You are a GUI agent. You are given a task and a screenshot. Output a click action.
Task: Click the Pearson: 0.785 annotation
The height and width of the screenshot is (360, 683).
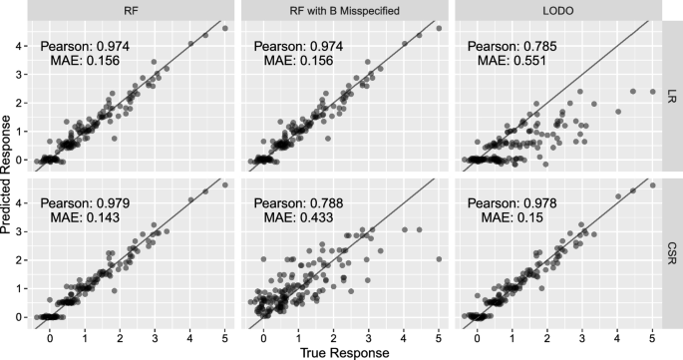click(510, 46)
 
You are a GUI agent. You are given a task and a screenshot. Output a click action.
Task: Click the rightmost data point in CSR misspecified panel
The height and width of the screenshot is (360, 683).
click(439, 258)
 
